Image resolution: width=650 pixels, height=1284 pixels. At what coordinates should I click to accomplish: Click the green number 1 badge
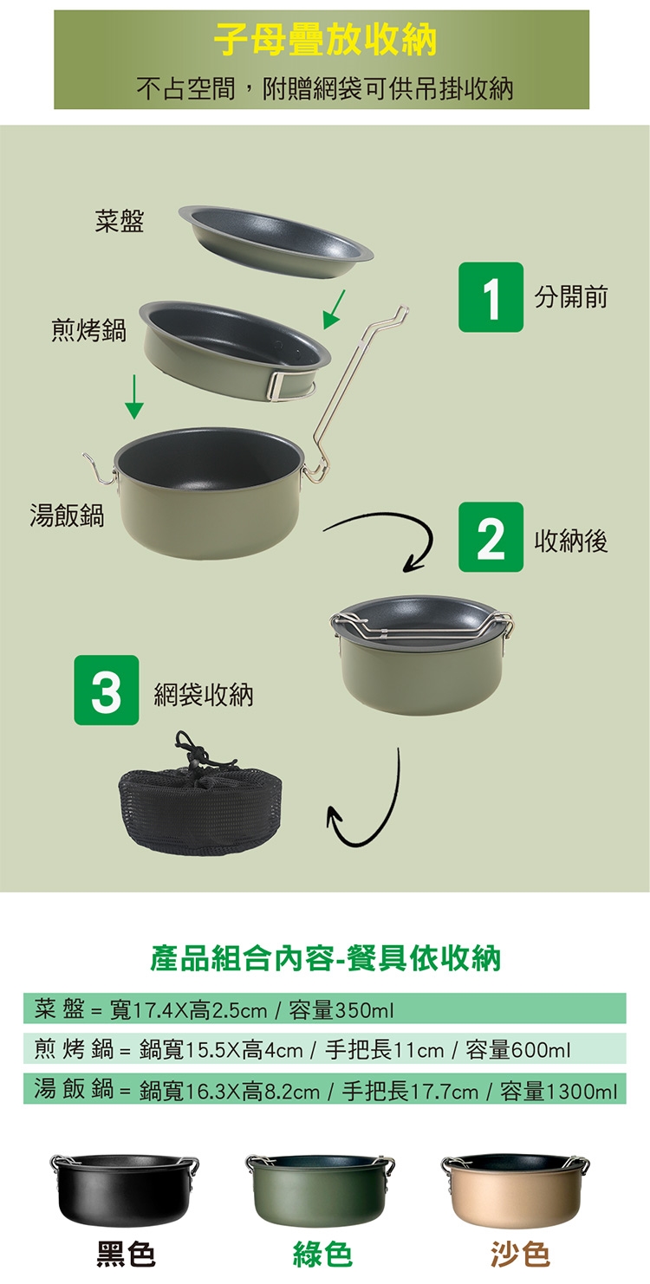tap(491, 297)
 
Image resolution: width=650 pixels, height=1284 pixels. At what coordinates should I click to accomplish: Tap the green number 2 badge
tap(491, 537)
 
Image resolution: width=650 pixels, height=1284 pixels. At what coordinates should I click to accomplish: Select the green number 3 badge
tap(106, 691)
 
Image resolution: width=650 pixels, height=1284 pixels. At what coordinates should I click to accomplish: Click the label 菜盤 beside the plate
tap(120, 221)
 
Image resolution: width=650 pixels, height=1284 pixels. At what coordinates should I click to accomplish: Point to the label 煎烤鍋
tap(89, 330)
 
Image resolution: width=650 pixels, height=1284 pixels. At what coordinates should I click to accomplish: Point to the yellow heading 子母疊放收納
tap(325, 39)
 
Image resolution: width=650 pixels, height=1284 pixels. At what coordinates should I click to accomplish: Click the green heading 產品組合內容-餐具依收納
tap(326, 958)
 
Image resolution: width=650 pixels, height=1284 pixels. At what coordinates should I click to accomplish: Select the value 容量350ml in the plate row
tap(341, 1009)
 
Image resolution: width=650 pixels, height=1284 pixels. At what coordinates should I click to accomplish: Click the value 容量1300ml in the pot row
tap(559, 1091)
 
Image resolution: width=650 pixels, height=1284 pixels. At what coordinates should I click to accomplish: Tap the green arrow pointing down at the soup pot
tap(134, 397)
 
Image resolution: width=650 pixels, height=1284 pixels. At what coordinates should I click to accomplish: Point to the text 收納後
tap(571, 540)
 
